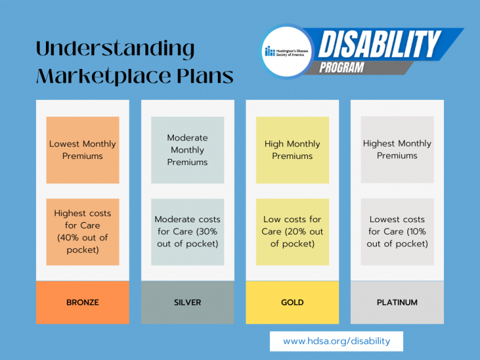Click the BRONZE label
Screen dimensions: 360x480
point(83,302)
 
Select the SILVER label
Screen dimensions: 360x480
point(188,302)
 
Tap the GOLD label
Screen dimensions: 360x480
point(292,302)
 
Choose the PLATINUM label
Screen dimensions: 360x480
point(397,302)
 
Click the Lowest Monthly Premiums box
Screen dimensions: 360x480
point(83,150)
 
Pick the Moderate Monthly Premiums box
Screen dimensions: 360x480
point(188,150)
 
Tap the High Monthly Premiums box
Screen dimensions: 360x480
point(292,150)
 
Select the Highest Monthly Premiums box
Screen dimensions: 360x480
point(397,150)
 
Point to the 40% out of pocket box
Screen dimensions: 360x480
point(83,232)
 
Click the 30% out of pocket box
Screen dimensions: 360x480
point(188,232)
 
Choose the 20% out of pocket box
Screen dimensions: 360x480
point(292,232)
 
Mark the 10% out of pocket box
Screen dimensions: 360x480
point(397,232)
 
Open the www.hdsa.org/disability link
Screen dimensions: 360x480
point(337,341)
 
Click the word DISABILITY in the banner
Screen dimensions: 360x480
point(380,45)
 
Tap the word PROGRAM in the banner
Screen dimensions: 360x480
point(342,68)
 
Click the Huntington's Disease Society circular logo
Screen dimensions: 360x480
point(287,52)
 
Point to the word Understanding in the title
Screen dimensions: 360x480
point(115,50)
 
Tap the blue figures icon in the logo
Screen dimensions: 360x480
point(269,51)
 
